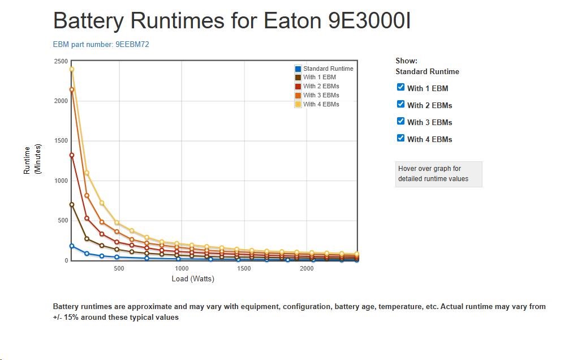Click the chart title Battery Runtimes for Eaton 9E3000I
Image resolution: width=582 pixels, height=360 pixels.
[231, 22]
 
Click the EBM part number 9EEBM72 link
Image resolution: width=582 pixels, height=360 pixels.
[101, 44]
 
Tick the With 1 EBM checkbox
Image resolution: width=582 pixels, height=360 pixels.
[401, 87]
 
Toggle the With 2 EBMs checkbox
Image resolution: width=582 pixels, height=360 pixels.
[401, 104]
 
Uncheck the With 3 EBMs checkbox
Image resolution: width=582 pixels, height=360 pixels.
[401, 121]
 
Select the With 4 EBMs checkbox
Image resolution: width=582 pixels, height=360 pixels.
[401, 138]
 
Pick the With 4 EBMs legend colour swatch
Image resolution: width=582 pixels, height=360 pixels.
[298, 104]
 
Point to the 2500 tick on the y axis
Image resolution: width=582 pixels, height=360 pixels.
[61, 61]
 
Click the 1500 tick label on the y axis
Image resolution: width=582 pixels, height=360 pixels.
[61, 141]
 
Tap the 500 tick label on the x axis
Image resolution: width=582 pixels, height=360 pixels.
[119, 269]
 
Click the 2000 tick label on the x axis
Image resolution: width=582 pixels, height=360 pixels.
[307, 269]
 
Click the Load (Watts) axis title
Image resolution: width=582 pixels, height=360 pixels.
[193, 279]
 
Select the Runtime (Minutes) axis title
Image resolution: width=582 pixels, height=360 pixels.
[31, 160]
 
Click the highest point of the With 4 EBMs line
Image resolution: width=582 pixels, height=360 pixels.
[72, 70]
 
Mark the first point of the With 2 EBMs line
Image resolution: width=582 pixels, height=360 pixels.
[72, 155]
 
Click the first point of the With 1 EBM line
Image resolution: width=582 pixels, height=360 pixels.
[72, 205]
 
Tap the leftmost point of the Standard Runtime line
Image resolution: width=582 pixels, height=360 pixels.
[72, 246]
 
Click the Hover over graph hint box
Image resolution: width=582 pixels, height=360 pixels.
[438, 174]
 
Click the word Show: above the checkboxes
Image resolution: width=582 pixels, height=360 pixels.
[406, 61]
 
